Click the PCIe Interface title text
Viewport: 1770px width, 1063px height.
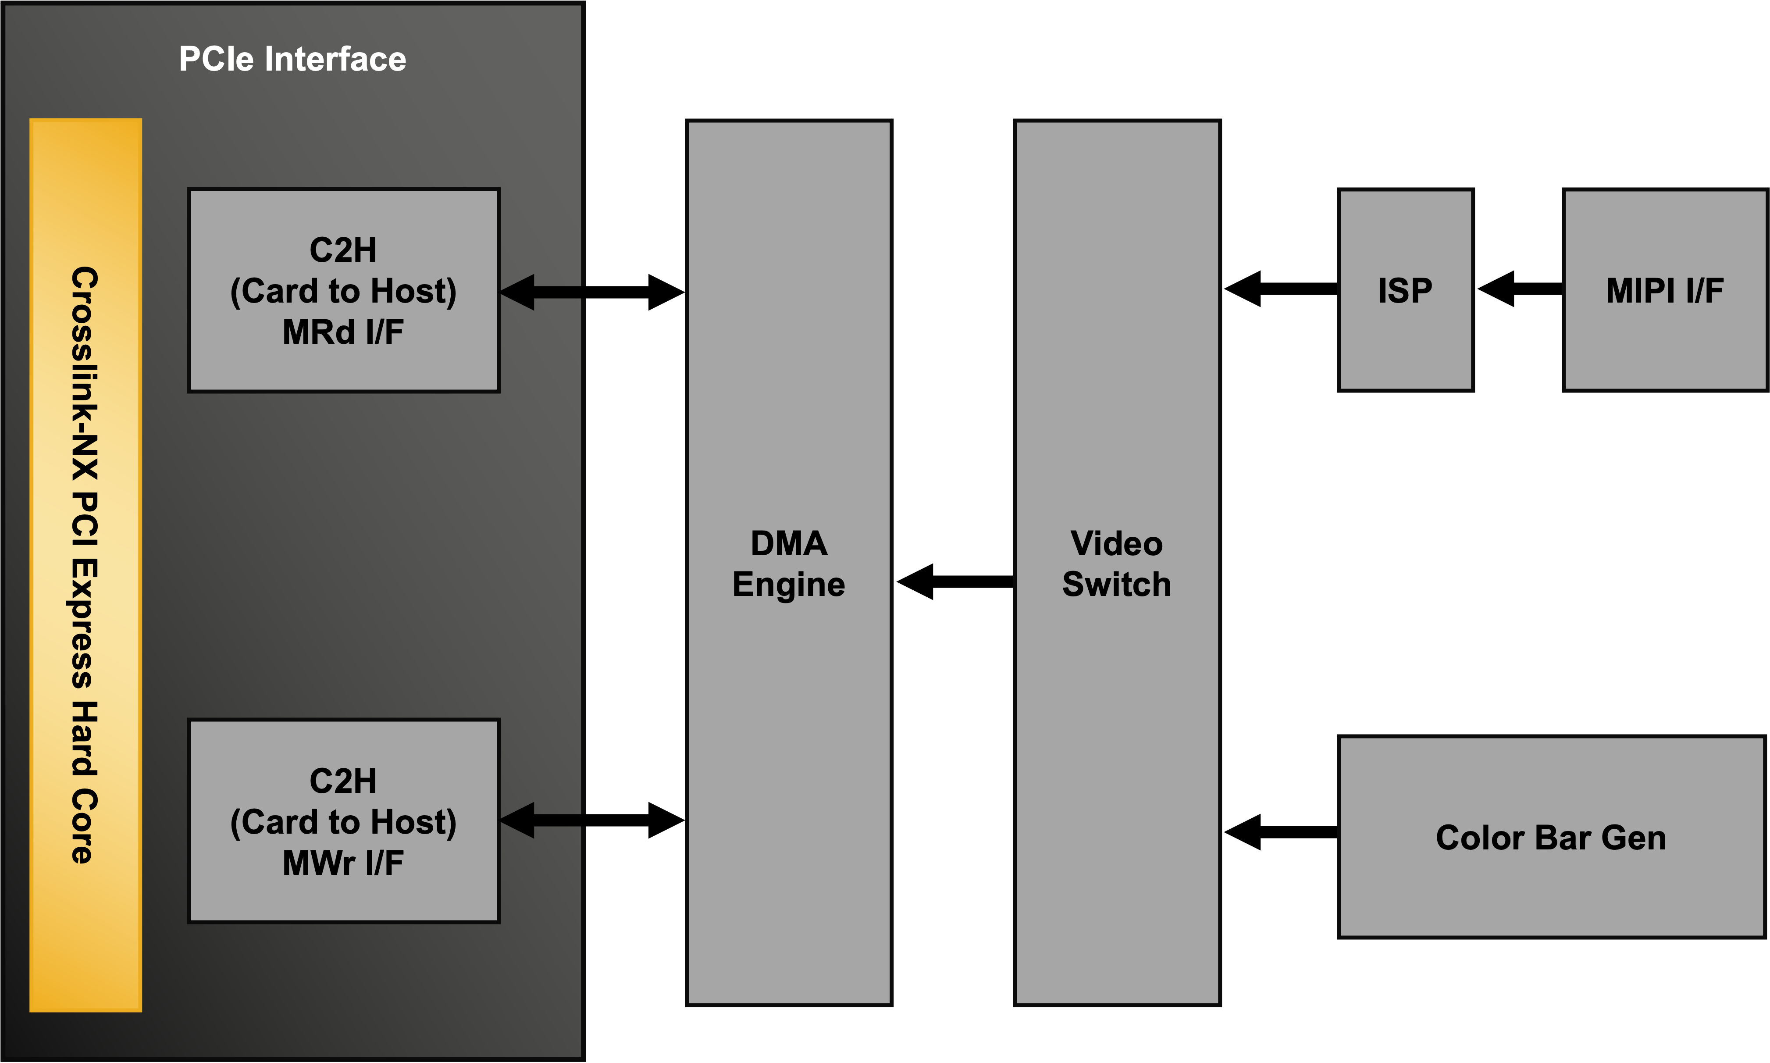pyautogui.click(x=292, y=59)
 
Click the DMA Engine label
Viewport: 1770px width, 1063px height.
pyautogui.click(x=788, y=564)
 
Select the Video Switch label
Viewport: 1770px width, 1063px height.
pyautogui.click(x=1116, y=564)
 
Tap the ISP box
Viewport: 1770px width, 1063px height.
pyautogui.click(x=1405, y=291)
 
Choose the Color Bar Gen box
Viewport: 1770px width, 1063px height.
pyautogui.click(x=1550, y=837)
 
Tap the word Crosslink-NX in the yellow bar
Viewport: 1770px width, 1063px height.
pyautogui.click(x=85, y=372)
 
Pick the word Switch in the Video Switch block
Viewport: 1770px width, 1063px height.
pyautogui.click(x=1116, y=585)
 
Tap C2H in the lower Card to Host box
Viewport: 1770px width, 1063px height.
pyautogui.click(x=343, y=781)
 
